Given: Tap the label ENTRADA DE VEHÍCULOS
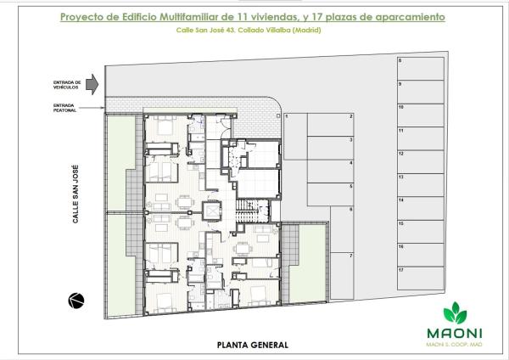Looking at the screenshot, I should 68,83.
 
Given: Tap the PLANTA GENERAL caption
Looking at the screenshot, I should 253,345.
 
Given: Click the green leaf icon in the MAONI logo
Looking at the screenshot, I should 463,309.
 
